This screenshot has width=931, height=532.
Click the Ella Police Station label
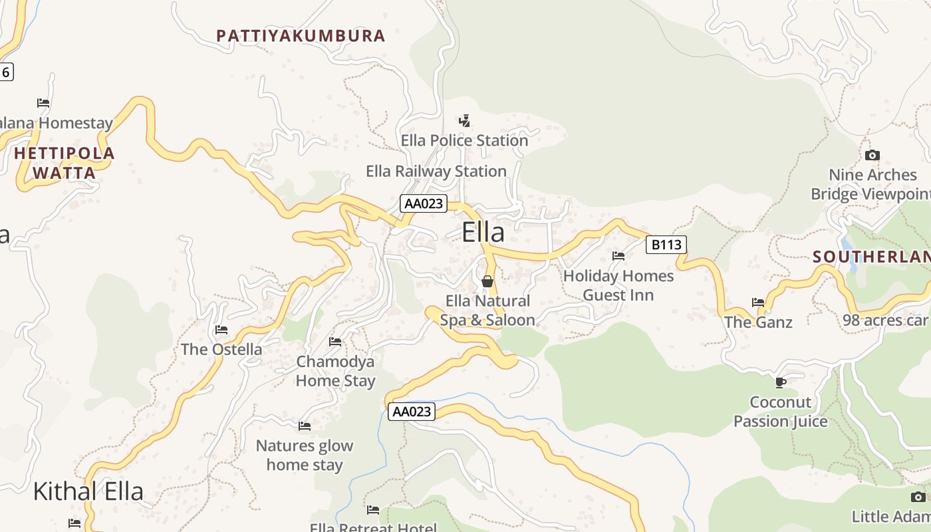coord(464,140)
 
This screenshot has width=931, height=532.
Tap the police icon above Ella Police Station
coord(464,120)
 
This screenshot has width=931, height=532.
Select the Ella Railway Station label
coord(436,171)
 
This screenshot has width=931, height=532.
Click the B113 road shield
coord(666,245)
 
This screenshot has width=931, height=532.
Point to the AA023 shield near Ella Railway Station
coord(424,203)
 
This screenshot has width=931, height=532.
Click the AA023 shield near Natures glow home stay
coord(412,412)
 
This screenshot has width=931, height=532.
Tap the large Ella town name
coord(483,232)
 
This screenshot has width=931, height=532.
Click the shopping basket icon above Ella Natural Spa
coord(487,281)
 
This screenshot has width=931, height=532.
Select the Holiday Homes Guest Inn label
coord(618,285)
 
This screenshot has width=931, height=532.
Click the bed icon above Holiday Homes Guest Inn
coord(618,255)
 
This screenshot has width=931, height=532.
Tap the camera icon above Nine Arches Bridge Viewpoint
coord(872,156)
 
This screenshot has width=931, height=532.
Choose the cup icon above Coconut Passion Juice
coord(781,382)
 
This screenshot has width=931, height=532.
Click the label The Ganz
coord(758,323)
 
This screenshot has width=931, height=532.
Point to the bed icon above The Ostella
coord(221,330)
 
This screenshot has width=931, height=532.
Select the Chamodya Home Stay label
coord(335,371)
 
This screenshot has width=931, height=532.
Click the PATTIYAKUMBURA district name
coord(301,36)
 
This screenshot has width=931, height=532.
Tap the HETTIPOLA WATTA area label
coord(65,163)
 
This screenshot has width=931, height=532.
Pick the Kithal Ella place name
coord(88,491)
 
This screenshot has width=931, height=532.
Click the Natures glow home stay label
coord(305,455)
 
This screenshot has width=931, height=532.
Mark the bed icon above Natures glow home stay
coord(305,426)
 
